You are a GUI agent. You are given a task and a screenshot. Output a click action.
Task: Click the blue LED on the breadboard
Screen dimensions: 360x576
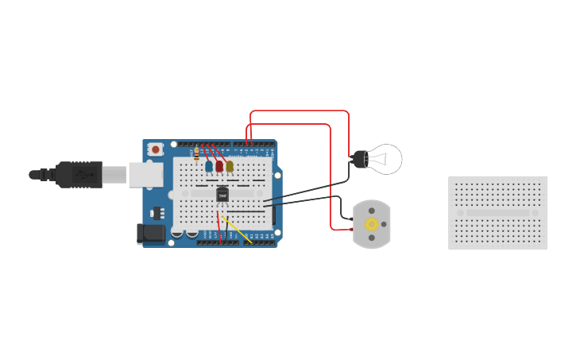209,167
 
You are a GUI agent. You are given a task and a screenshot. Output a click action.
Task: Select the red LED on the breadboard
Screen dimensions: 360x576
219,167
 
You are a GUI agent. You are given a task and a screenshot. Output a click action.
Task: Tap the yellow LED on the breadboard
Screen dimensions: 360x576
230,166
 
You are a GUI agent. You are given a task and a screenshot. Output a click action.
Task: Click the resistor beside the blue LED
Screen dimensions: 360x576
196,155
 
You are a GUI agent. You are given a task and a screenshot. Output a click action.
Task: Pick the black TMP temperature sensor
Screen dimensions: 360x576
222,194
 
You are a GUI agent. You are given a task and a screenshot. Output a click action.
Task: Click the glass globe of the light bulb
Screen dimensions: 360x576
386,159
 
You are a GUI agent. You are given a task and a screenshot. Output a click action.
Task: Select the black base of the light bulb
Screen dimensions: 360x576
358,159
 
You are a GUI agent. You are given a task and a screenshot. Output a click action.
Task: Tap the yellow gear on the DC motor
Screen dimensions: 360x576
371,224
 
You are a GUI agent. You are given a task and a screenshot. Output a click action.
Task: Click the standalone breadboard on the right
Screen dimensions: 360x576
498,213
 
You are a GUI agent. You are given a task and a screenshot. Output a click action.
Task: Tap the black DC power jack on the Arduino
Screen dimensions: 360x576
151,233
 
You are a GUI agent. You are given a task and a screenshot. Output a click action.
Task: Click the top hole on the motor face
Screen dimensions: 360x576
371,211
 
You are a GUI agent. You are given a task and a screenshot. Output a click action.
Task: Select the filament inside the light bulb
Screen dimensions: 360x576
382,159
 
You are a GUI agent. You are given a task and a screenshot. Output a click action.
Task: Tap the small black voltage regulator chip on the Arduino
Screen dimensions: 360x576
156,213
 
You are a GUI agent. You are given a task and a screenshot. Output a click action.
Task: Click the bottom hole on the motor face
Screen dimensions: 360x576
371,238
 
